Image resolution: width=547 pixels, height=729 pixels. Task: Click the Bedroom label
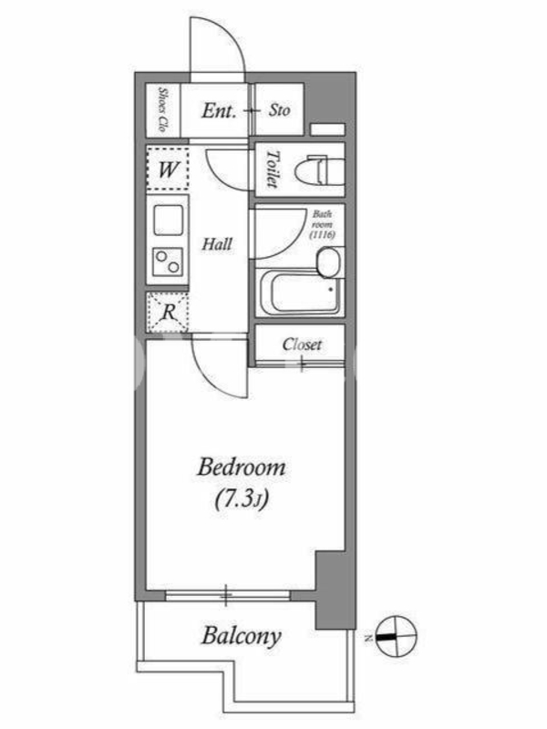[x=242, y=467]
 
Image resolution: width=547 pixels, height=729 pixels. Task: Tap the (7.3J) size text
[x=242, y=499]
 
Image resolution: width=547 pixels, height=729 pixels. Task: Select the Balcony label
[x=242, y=636]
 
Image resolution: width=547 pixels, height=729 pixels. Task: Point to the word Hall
[x=217, y=244]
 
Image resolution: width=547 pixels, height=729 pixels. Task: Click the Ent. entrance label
[x=219, y=110]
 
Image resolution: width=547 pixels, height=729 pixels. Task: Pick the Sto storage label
[x=279, y=110]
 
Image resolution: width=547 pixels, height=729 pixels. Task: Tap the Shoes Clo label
[x=162, y=109]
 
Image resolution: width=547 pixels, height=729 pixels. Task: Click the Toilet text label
[x=273, y=169]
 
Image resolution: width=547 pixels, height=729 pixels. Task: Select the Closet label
[x=302, y=344]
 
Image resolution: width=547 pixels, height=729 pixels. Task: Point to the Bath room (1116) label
[x=323, y=224]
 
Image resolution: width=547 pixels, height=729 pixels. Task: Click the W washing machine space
[x=168, y=169]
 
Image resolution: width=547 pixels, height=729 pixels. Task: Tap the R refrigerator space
[x=168, y=312]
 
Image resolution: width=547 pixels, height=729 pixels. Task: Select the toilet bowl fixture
[x=320, y=171]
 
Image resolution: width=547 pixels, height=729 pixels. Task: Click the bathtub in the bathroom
[x=301, y=293]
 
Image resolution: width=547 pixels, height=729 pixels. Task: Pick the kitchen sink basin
[x=168, y=220]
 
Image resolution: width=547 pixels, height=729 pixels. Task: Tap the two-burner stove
[x=168, y=262]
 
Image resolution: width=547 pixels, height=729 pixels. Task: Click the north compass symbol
[x=396, y=637]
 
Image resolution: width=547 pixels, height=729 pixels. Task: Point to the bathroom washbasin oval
[x=329, y=262]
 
